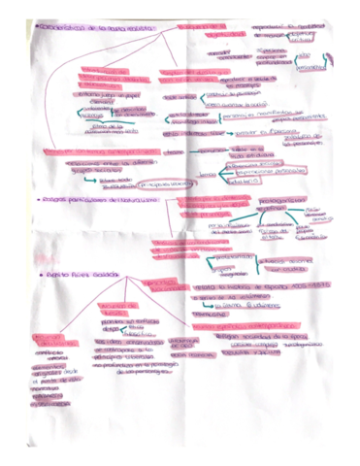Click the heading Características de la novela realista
(88, 31)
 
